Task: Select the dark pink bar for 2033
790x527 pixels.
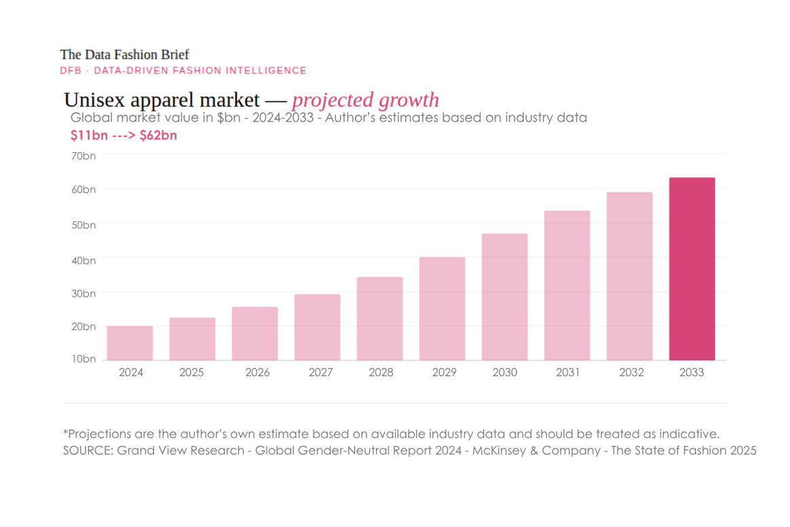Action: pos(692,269)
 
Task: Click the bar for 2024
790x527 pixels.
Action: pos(130,343)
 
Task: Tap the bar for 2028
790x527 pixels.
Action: pos(379,319)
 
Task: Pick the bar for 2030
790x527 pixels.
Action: pos(504,297)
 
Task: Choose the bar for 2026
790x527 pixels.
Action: pos(255,333)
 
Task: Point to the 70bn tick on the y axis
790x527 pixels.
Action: pos(84,156)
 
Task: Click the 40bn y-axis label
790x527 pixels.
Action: pos(84,260)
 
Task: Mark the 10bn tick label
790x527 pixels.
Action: pos(84,359)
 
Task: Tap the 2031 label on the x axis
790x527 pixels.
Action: pos(567,372)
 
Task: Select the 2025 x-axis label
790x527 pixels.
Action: pos(191,372)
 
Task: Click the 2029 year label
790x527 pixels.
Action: pos(442,372)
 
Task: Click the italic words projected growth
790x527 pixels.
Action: pos(365,100)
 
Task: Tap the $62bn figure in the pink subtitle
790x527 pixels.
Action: pos(158,135)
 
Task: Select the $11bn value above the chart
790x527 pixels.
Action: pos(88,135)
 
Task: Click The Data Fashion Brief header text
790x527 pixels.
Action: pos(124,54)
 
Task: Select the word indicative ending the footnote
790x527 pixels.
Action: pos(691,433)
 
